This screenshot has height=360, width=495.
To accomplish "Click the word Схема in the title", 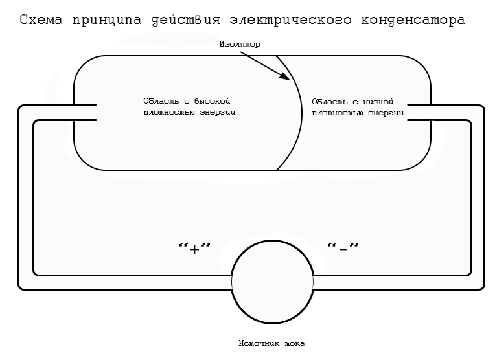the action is (41, 19).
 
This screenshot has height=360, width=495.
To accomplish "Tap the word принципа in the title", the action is (107, 21).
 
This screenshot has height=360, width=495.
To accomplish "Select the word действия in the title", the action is (185, 21).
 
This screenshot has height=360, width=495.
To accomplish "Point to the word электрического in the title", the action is (290, 20).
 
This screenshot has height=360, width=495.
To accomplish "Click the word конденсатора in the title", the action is (413, 21).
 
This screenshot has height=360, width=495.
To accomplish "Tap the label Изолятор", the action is (240, 44).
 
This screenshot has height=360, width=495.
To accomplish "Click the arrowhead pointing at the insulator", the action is (285, 76).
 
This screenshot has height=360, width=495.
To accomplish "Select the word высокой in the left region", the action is (212, 101).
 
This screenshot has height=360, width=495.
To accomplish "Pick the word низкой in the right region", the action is (378, 102).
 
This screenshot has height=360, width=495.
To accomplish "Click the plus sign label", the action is (194, 248).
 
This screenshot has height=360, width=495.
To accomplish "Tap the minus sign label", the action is (343, 248).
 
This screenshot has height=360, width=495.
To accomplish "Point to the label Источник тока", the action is (272, 343).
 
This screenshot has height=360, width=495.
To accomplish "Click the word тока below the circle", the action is (295, 343).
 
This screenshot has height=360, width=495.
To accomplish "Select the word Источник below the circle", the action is (259, 343).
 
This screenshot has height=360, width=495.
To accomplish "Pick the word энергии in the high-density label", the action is (218, 113).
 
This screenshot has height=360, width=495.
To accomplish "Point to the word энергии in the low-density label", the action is (386, 113).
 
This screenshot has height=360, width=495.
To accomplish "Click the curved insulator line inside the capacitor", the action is (301, 112).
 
